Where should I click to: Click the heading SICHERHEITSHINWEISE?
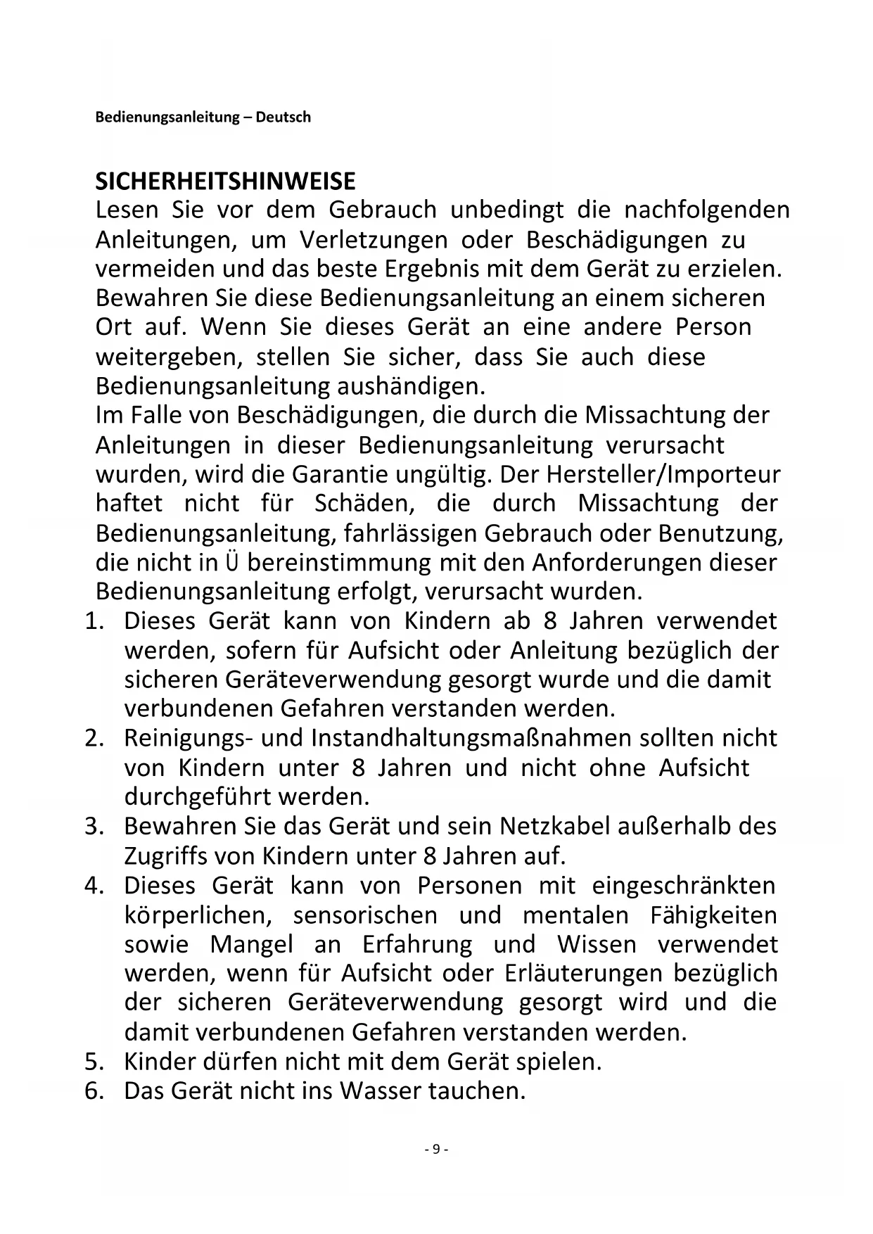(225, 182)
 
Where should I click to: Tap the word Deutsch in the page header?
(283, 117)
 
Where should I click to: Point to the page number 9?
(436, 1149)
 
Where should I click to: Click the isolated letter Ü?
(233, 563)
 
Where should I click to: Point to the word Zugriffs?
(166, 856)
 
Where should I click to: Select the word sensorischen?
(365, 915)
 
